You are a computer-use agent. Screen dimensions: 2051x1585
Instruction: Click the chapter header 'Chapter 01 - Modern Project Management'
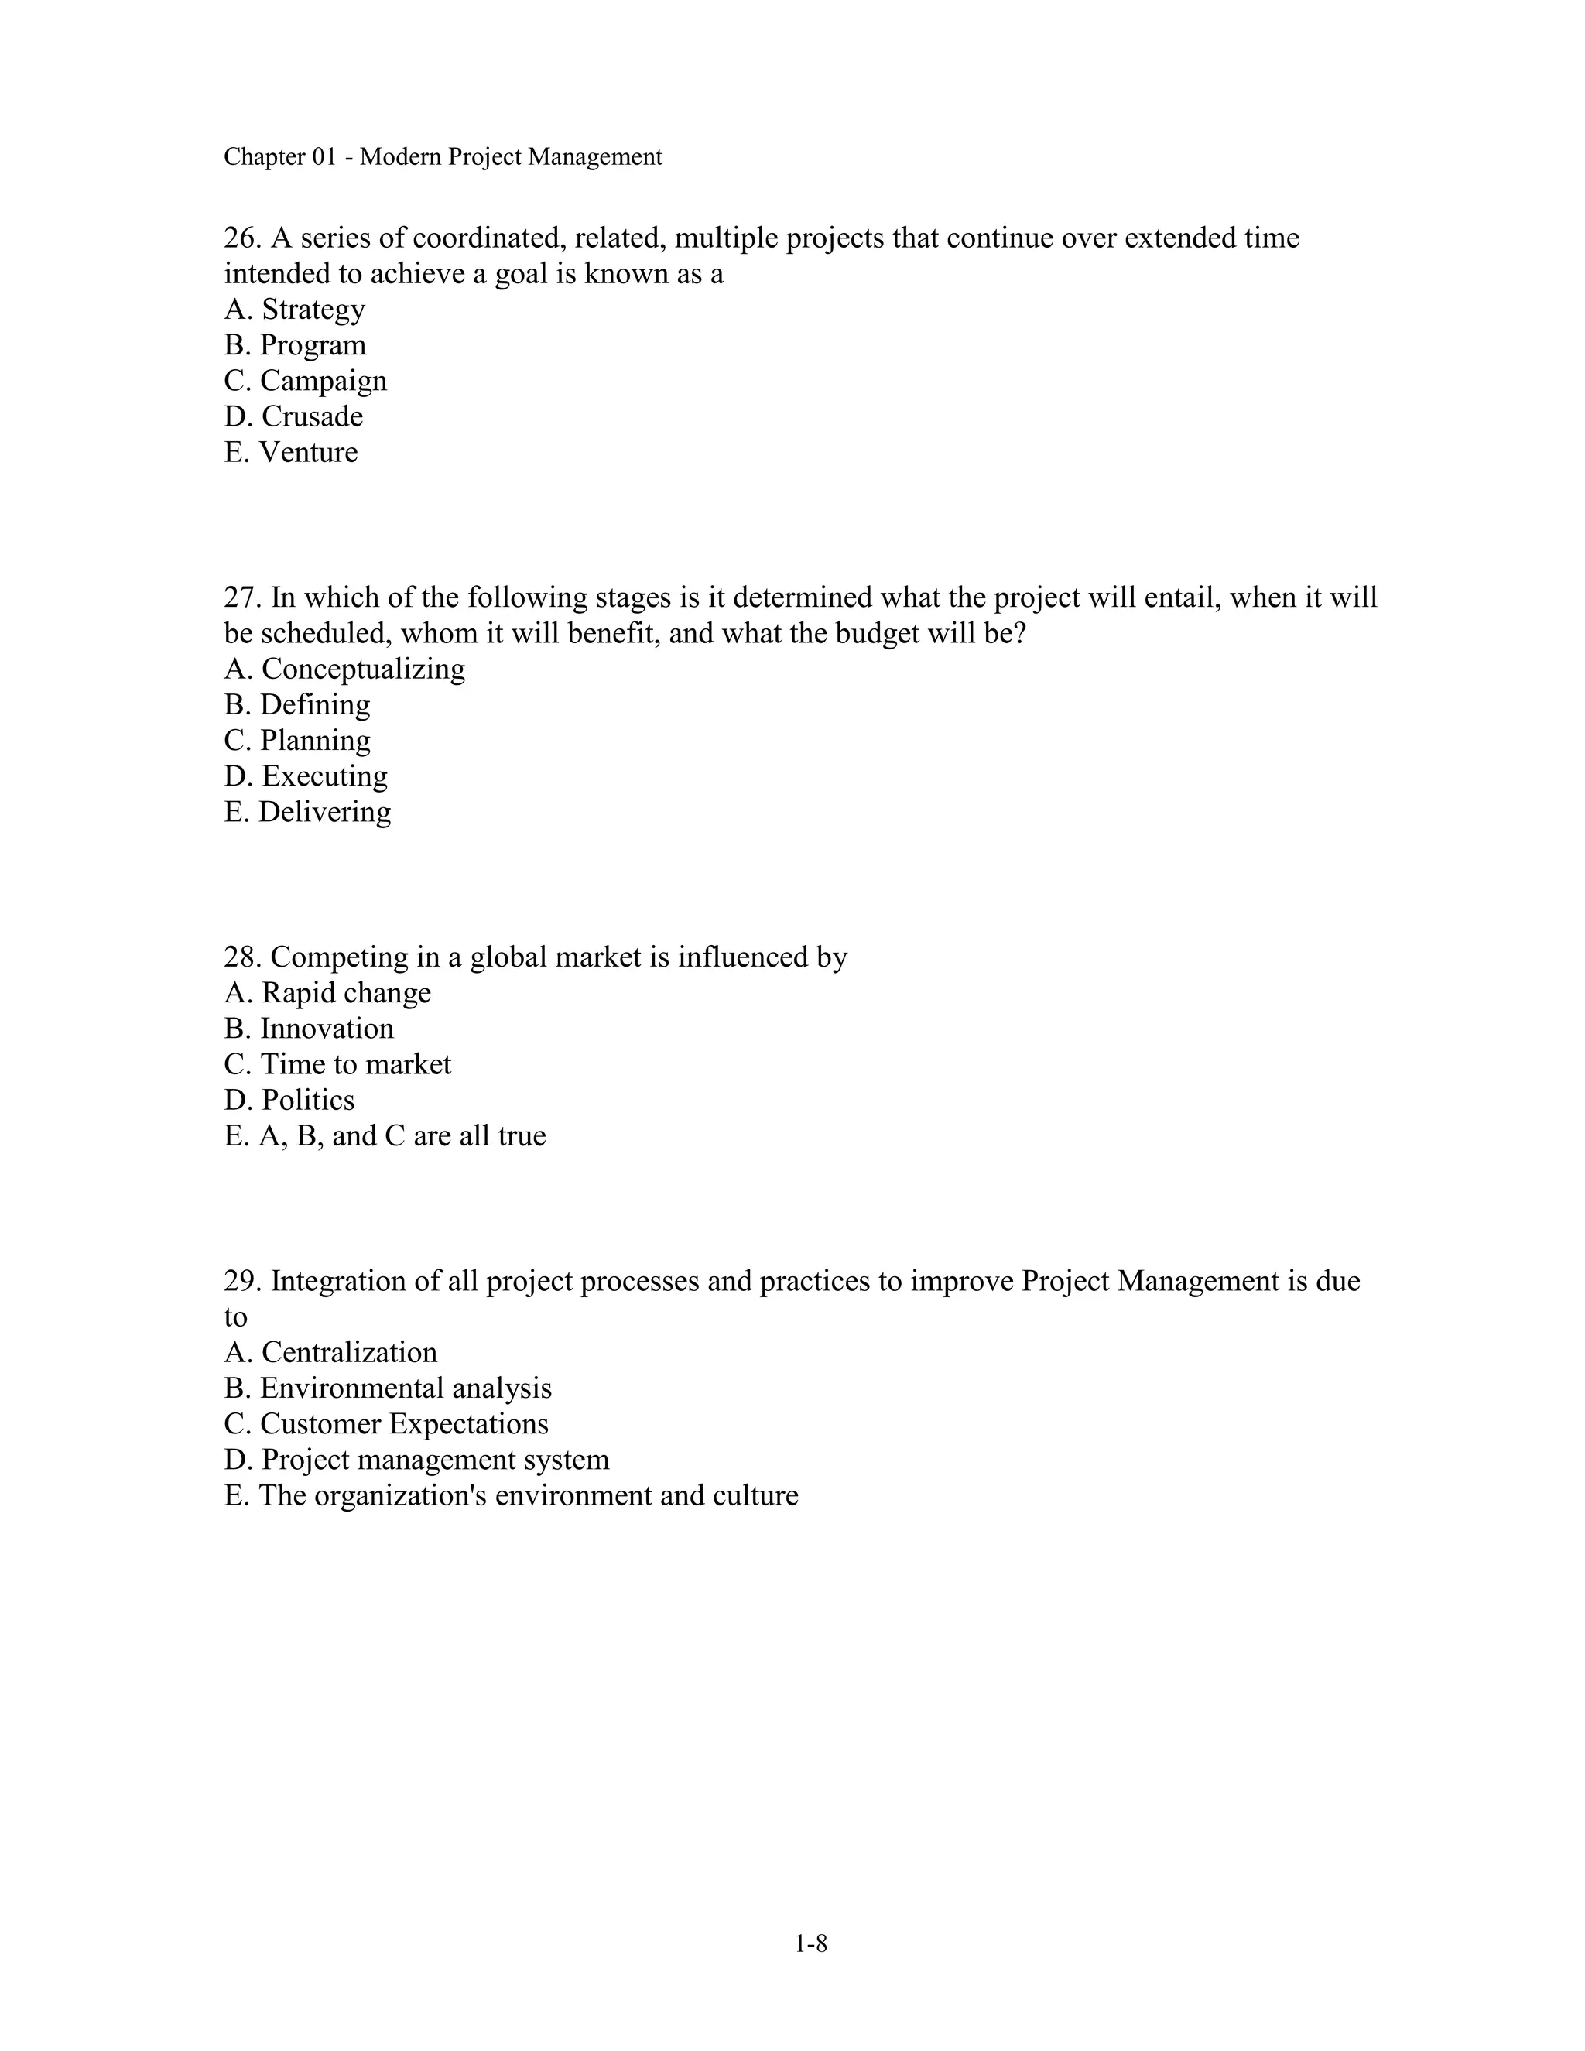coord(442,157)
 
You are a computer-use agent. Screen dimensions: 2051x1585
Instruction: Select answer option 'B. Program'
coord(295,344)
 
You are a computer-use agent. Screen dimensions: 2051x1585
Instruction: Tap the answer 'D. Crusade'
coord(293,416)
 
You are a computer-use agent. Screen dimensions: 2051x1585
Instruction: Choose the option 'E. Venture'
coord(291,452)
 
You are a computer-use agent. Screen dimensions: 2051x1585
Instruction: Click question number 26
coord(241,238)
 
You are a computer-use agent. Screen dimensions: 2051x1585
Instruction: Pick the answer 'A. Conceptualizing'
coord(344,669)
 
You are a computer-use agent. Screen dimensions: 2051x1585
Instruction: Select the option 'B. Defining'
coord(296,704)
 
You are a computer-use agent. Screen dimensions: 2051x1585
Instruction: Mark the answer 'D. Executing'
coord(305,776)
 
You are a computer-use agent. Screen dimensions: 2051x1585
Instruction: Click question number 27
coord(241,597)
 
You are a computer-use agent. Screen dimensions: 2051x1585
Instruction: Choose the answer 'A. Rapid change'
coord(327,993)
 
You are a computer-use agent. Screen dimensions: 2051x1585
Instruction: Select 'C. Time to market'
coord(337,1064)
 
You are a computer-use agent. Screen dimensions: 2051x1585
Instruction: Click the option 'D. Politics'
coord(289,1100)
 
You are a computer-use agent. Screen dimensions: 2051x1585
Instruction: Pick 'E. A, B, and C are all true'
coord(385,1135)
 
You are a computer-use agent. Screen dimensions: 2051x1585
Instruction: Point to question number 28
coord(241,957)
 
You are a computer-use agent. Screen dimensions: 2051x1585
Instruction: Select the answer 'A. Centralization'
coord(330,1352)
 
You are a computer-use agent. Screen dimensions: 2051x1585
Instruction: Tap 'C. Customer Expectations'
coord(386,1423)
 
